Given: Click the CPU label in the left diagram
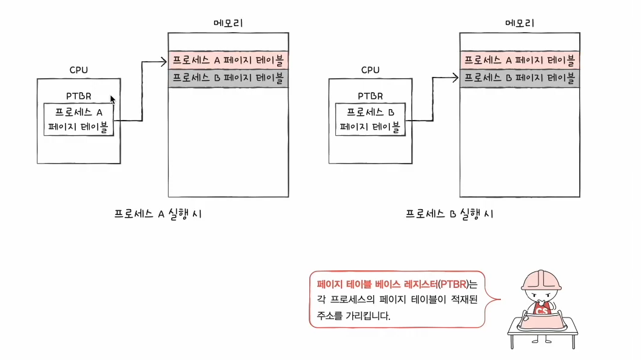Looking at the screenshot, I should (x=78, y=70).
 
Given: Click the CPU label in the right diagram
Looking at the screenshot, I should (x=370, y=70).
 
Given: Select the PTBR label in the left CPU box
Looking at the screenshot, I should (x=79, y=96).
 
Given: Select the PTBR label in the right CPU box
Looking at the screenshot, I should (x=371, y=96).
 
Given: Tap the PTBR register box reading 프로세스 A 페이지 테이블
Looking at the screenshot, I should (x=79, y=119).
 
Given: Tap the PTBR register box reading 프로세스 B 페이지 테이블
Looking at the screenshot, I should (x=371, y=119).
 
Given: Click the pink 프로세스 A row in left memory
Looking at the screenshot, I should (x=228, y=60).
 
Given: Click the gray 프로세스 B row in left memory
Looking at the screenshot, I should (x=228, y=78).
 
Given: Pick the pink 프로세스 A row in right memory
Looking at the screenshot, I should (x=520, y=60).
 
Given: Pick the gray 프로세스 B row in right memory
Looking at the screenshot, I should (x=520, y=78).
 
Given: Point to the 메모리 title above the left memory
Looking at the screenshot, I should (x=229, y=23).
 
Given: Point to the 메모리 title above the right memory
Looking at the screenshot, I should (x=520, y=23).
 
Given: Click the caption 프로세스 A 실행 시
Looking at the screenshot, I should (x=158, y=214).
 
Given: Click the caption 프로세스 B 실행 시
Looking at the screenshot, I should (x=449, y=214).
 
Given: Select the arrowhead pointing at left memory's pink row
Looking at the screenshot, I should (x=164, y=60).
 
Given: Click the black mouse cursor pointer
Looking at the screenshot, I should (x=113, y=99).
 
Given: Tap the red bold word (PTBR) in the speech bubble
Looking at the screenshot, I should (x=454, y=284).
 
